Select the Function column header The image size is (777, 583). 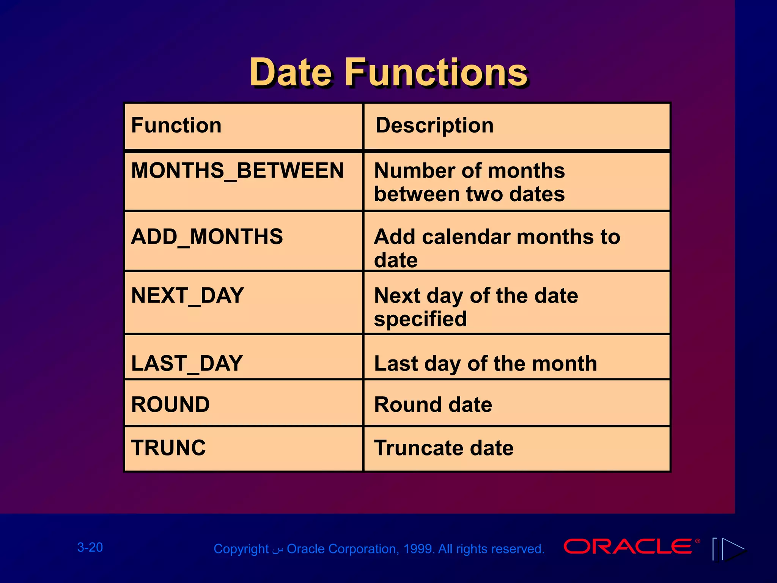(176, 125)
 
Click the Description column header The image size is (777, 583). (434, 125)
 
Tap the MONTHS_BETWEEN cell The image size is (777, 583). (237, 170)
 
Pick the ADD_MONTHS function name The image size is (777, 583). (207, 237)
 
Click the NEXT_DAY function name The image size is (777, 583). (187, 296)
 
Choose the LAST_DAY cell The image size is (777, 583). (187, 364)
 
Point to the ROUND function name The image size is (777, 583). (170, 405)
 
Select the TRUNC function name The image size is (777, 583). (168, 448)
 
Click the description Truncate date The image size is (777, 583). (444, 448)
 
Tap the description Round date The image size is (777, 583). (433, 405)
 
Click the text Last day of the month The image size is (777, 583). (485, 364)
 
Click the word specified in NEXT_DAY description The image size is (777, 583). (420, 319)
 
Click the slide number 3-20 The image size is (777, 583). (90, 547)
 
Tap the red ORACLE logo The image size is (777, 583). (628, 547)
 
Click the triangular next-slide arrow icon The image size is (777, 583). (733, 549)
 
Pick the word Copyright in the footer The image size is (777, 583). (241, 549)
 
